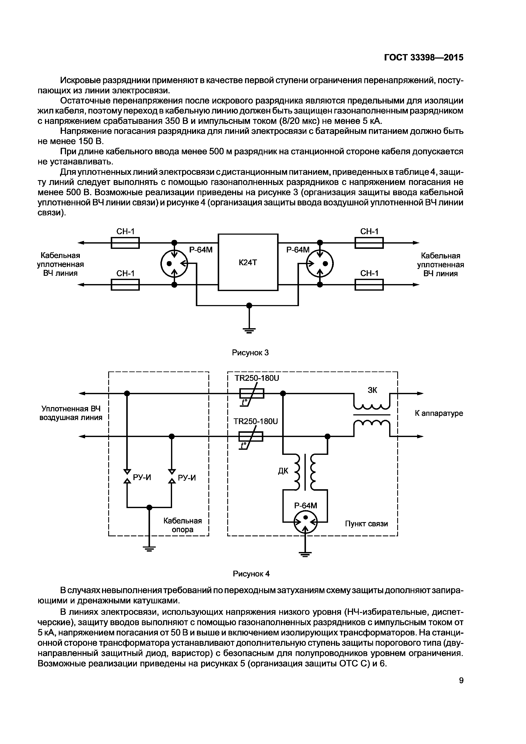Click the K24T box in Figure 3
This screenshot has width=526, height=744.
tap(248, 262)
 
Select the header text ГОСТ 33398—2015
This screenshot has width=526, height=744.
tap(424, 57)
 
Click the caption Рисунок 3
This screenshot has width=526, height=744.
tap(250, 353)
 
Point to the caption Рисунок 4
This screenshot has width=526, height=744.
tap(251, 574)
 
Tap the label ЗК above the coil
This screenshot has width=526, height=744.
tap(372, 390)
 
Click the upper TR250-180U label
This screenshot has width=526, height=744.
tap(257, 378)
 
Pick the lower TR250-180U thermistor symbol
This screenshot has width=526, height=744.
tap(251, 437)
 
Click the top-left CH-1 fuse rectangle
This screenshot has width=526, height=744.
tap(125, 243)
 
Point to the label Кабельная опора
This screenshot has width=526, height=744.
tap(182, 525)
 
